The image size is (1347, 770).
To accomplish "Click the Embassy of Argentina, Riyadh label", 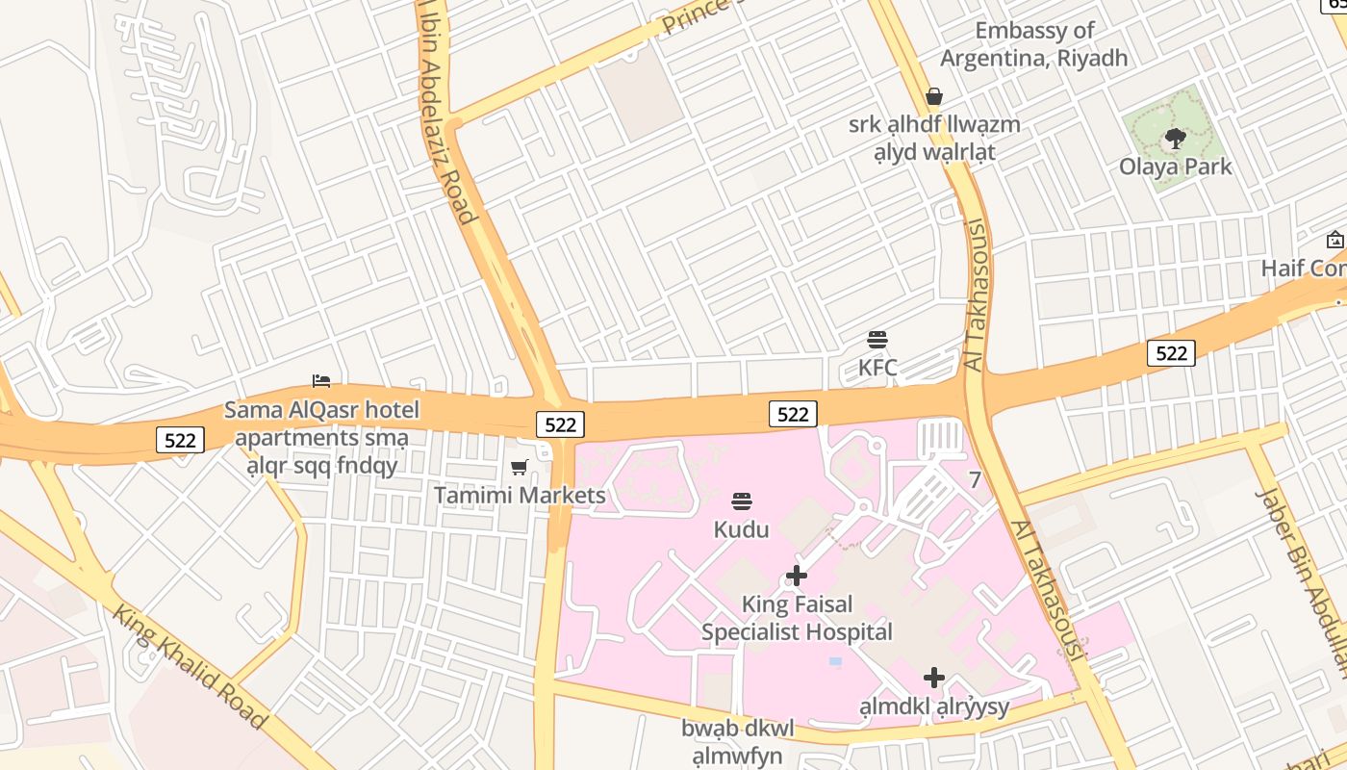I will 1033,44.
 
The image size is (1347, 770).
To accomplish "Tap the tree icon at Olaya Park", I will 1175,139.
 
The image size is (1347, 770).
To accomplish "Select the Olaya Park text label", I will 1175,167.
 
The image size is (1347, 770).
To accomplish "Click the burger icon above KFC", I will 877,339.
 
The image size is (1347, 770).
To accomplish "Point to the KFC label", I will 877,367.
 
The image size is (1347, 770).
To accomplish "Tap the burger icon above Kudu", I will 741,500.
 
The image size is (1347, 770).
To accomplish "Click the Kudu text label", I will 741,529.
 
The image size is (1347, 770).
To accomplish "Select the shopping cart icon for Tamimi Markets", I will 520,467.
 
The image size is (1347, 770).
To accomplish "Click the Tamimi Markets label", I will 520,496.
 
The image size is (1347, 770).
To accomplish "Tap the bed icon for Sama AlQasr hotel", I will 321,381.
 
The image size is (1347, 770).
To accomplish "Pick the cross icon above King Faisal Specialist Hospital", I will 797,576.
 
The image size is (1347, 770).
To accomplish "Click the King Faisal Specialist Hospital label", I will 797,618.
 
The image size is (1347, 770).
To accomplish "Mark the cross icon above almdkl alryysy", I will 933,678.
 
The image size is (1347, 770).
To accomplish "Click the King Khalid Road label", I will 190,666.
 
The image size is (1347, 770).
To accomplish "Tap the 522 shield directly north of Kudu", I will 793,414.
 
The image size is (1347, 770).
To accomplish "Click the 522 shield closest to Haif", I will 1171,353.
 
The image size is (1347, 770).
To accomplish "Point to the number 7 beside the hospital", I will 975,479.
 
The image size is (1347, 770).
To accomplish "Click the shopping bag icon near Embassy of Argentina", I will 933,96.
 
